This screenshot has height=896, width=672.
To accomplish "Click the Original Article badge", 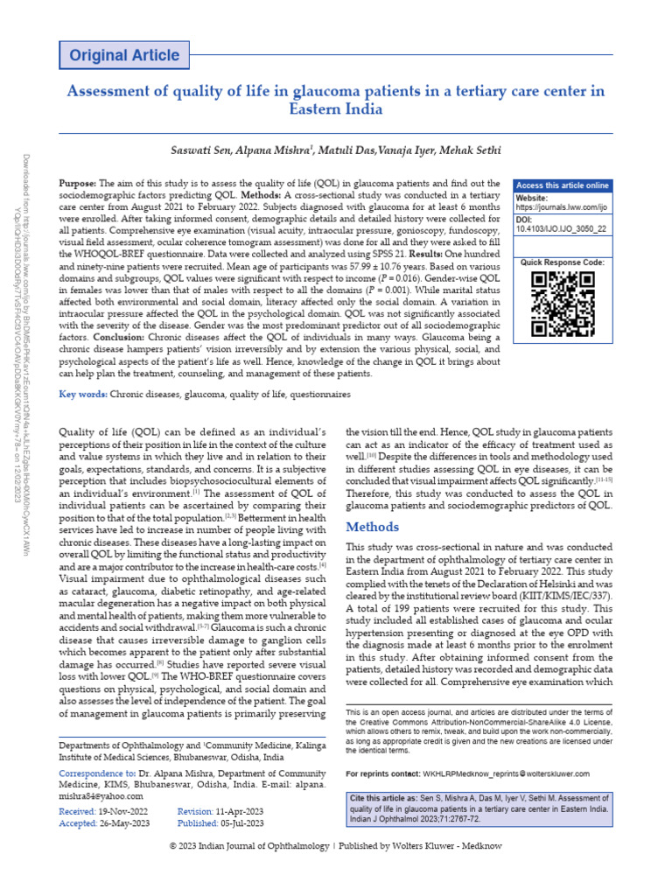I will coord(124,55).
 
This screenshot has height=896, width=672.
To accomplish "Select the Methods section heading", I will coord(373,527).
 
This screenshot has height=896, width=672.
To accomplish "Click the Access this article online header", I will coord(562,185).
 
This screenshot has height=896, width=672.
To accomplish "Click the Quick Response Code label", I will coord(562,262).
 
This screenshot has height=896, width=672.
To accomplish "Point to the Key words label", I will coord(83,395).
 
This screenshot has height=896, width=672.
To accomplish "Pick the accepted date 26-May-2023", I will coord(122,824).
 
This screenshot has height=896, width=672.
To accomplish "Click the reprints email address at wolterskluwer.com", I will coord(506,773).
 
